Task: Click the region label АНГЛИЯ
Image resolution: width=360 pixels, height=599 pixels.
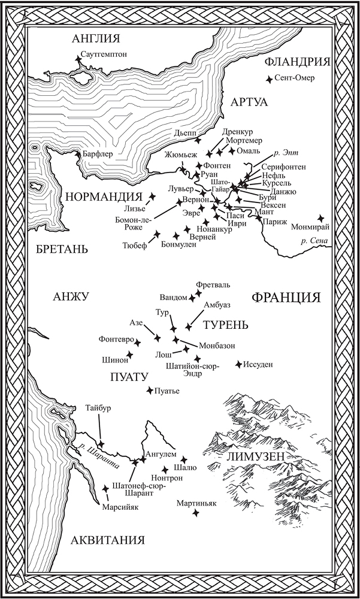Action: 96,39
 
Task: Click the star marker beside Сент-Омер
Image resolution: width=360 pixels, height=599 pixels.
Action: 270,78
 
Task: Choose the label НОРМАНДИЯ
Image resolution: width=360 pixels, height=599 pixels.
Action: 103,196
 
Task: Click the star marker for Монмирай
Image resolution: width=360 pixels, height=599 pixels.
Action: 321,219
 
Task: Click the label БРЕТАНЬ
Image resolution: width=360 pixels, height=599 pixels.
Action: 61,249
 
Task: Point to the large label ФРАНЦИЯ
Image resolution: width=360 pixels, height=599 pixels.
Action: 286,298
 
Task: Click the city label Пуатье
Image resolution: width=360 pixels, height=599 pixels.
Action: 168,391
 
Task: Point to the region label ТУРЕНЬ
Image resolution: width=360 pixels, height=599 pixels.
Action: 225,325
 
